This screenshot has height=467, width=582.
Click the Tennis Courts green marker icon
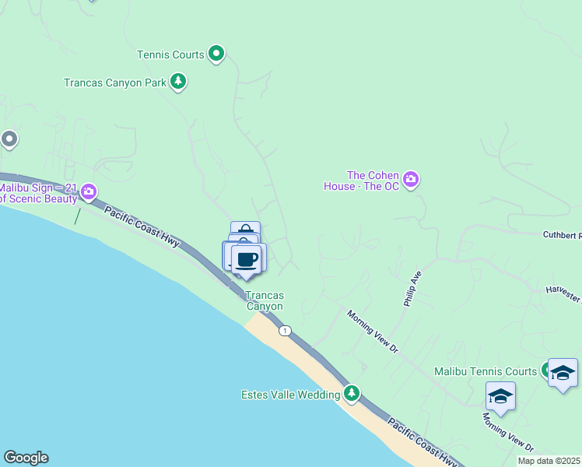(x=217, y=54)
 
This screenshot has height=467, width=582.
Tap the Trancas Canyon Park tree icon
(x=178, y=82)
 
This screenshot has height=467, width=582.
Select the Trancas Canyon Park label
(x=114, y=82)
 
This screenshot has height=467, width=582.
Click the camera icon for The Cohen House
(x=412, y=180)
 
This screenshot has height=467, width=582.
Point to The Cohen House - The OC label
(x=362, y=181)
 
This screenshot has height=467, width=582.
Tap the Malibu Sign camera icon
(x=89, y=191)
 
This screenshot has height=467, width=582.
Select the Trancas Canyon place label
(x=265, y=300)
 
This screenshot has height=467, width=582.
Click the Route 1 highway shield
(x=286, y=330)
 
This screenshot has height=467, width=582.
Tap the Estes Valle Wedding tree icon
(x=352, y=395)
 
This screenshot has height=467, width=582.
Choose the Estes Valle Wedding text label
(x=289, y=395)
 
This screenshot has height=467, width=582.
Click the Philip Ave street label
(x=412, y=288)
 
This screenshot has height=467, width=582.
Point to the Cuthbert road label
(x=561, y=234)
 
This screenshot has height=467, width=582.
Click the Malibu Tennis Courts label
(x=485, y=371)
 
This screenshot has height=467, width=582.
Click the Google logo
(x=26, y=458)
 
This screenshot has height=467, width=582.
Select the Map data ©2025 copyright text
(x=549, y=461)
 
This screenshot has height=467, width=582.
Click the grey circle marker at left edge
(x=9, y=139)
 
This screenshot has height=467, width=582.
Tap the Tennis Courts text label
(x=170, y=54)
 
